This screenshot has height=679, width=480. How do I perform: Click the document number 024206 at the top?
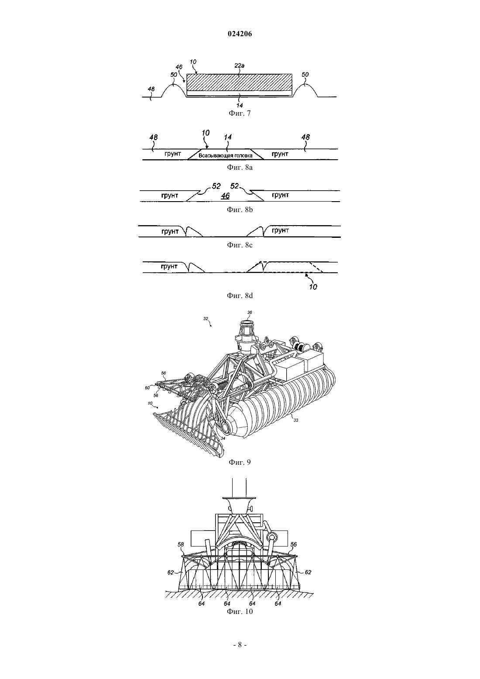240,34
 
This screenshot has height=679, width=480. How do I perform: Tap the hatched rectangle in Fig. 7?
240,82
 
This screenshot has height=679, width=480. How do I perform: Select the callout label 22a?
240,65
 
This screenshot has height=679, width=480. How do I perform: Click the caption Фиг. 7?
240,113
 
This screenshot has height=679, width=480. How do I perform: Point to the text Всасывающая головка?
226,155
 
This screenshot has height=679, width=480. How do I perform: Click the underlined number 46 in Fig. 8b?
225,196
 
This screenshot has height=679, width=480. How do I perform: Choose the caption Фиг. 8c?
240,245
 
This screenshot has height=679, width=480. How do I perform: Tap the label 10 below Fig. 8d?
313,287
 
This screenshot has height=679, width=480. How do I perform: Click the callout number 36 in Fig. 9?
250,312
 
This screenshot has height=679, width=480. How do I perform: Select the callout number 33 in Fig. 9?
296,420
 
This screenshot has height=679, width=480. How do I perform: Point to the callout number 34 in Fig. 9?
223,438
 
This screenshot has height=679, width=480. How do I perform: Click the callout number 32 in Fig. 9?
206,319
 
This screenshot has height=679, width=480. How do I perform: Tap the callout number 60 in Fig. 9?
147,388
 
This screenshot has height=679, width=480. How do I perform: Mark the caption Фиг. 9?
240,462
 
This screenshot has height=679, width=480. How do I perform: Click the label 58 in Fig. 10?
181,545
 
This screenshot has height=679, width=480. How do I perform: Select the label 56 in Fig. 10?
293,545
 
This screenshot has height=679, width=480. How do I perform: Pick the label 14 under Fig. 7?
240,106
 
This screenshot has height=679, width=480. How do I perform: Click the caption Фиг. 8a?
240,167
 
